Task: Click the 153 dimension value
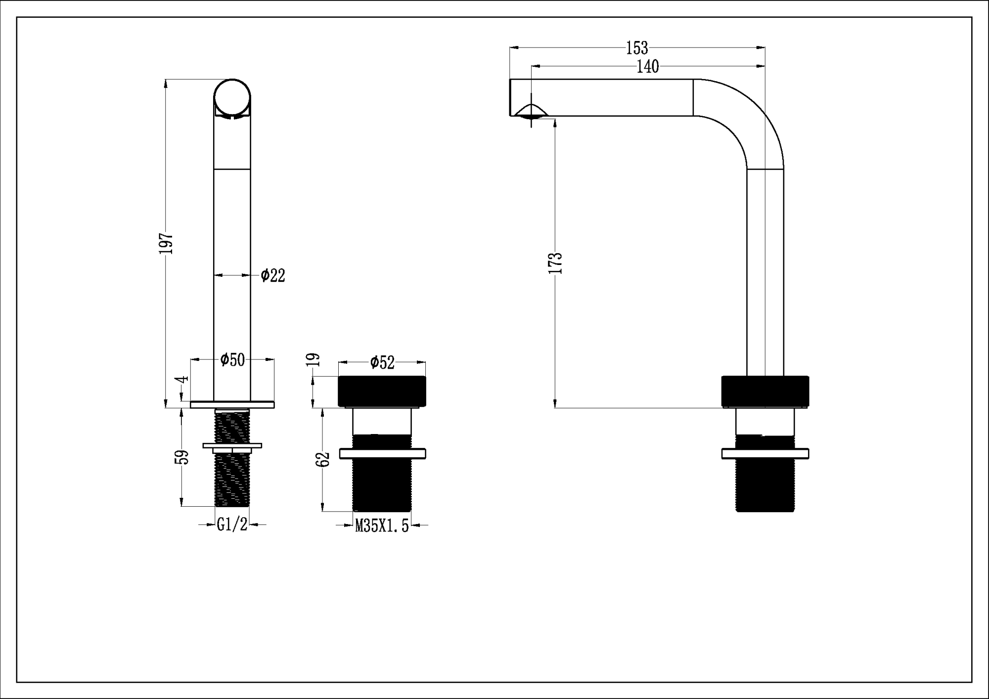636,48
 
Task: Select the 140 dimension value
647,66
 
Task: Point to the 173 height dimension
555,262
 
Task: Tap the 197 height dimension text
166,243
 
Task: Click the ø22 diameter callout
273,275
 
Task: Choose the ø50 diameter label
232,359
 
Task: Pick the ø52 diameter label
382,362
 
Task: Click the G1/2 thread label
232,524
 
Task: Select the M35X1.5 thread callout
382,526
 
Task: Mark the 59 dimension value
182,457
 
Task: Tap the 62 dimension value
323,459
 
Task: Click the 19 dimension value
314,359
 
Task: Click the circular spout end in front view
232,97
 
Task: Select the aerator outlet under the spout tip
531,112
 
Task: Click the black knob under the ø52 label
382,391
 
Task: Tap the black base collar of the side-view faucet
764,391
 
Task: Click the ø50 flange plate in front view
232,405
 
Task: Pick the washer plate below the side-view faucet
764,453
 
